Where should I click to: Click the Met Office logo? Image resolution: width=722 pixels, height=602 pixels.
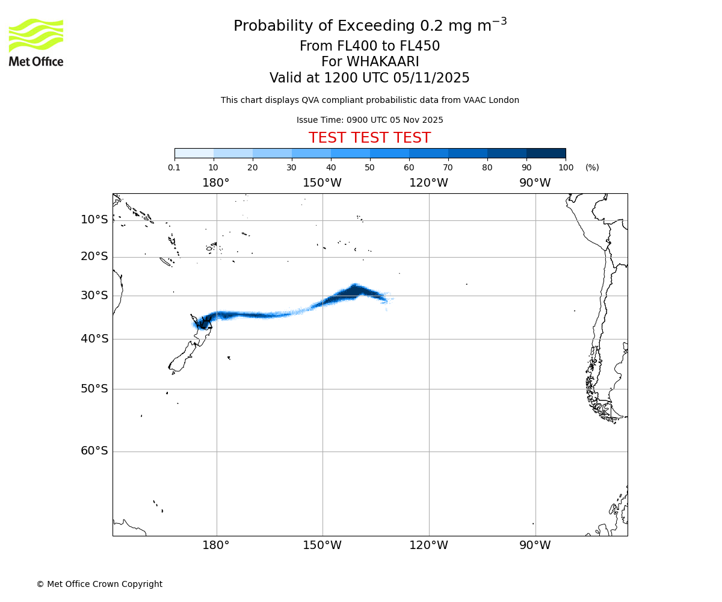(36, 42)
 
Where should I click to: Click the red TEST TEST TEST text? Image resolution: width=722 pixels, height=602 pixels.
(369, 138)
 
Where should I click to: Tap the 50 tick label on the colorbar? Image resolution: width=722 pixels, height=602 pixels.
(369, 167)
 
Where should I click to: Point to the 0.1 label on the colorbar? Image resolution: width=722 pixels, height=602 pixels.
(174, 167)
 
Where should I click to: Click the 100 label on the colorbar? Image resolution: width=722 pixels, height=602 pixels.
(566, 167)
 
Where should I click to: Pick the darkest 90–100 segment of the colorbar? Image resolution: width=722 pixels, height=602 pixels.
(546, 153)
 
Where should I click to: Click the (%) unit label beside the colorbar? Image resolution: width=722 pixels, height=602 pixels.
(592, 167)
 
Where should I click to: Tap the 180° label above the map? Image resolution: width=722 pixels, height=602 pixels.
(216, 183)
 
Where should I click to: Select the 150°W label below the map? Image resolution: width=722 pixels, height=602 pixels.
(322, 545)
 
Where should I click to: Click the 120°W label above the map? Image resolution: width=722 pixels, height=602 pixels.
(428, 183)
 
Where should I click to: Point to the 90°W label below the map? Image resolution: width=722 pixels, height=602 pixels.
(535, 545)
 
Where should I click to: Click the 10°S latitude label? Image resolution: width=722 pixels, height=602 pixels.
(94, 220)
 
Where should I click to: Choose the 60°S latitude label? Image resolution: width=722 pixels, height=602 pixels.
(94, 451)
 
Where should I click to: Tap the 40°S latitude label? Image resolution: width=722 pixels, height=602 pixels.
(94, 339)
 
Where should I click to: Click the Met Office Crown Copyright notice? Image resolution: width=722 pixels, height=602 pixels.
(99, 584)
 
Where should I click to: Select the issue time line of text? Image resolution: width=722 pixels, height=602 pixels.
(369, 120)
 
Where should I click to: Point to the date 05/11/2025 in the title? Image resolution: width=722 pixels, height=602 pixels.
(431, 78)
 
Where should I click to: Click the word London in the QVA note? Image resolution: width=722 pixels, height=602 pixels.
(505, 101)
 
